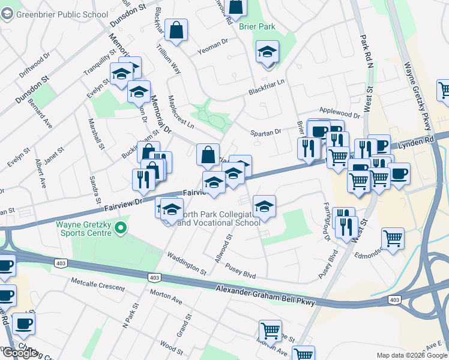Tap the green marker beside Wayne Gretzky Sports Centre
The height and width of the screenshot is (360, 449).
121,227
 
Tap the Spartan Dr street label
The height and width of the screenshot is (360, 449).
266,132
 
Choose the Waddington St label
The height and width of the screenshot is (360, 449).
187,263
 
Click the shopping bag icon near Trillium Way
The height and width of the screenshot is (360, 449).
178,31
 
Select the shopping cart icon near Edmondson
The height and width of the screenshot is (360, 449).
393,238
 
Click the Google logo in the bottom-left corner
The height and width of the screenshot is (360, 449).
19,353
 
